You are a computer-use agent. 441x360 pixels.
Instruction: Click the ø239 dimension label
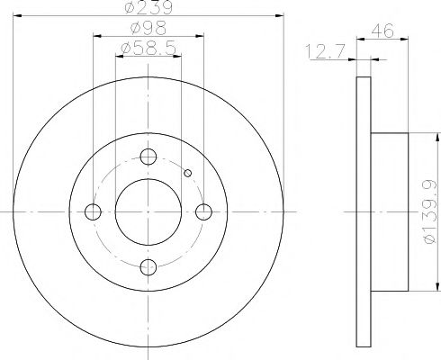click(x=148, y=9)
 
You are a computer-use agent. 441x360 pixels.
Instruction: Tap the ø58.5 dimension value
click(x=149, y=49)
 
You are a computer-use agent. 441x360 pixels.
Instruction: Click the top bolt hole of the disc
click(x=148, y=157)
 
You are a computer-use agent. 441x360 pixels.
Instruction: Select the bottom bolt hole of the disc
click(x=148, y=266)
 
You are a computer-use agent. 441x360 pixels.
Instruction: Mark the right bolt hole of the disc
click(x=203, y=211)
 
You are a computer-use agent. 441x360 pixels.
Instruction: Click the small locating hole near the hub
click(x=187, y=174)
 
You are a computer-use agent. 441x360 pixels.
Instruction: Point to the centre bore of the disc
click(x=148, y=211)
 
